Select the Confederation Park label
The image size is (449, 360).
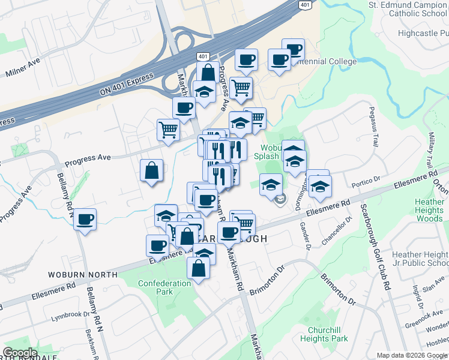[x=164, y=287]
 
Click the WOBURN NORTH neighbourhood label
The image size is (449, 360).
[x=83, y=274]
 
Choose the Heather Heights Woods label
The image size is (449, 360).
[x=429, y=211]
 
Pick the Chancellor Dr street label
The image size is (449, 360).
[x=335, y=230]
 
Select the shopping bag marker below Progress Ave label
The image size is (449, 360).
[x=151, y=170]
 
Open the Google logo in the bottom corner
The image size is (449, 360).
[x=20, y=353]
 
